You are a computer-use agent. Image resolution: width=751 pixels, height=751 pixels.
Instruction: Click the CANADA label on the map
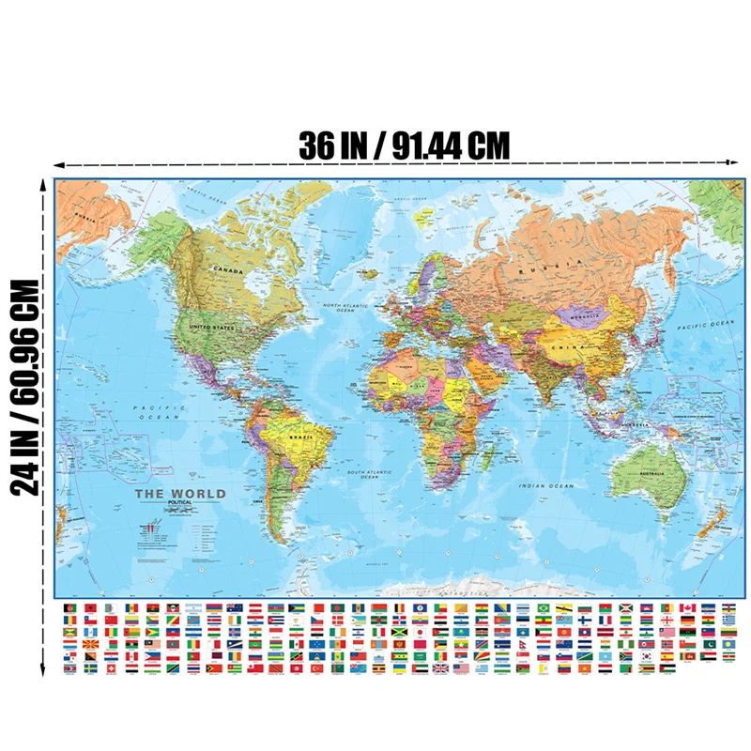pos(229,271)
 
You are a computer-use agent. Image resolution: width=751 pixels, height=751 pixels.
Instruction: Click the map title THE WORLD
pos(180,494)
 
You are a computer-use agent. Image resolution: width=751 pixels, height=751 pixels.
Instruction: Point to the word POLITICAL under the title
pos(180,504)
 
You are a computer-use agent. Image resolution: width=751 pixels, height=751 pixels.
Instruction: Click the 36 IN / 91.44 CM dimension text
pos(404,146)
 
